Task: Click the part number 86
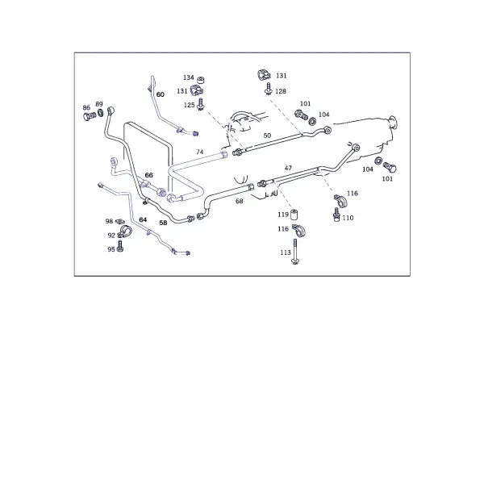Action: click(x=86, y=107)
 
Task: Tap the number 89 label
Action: click(x=98, y=104)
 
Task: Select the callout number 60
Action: click(x=161, y=94)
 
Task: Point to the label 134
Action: click(x=189, y=77)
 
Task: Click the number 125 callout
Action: click(x=190, y=105)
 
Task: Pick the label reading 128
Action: click(x=281, y=91)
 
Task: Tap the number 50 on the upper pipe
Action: click(x=267, y=136)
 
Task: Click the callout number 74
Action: click(x=200, y=152)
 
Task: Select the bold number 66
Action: click(x=148, y=175)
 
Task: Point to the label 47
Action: click(x=288, y=168)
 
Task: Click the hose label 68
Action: click(x=240, y=201)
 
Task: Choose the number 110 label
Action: click(x=348, y=218)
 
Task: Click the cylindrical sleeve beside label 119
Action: click(x=294, y=214)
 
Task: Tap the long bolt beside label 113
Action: click(x=295, y=251)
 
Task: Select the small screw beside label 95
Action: click(x=120, y=246)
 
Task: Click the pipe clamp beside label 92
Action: click(x=124, y=231)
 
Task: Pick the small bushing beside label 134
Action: click(x=201, y=81)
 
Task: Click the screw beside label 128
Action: click(x=268, y=88)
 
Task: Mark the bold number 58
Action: click(x=163, y=223)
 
